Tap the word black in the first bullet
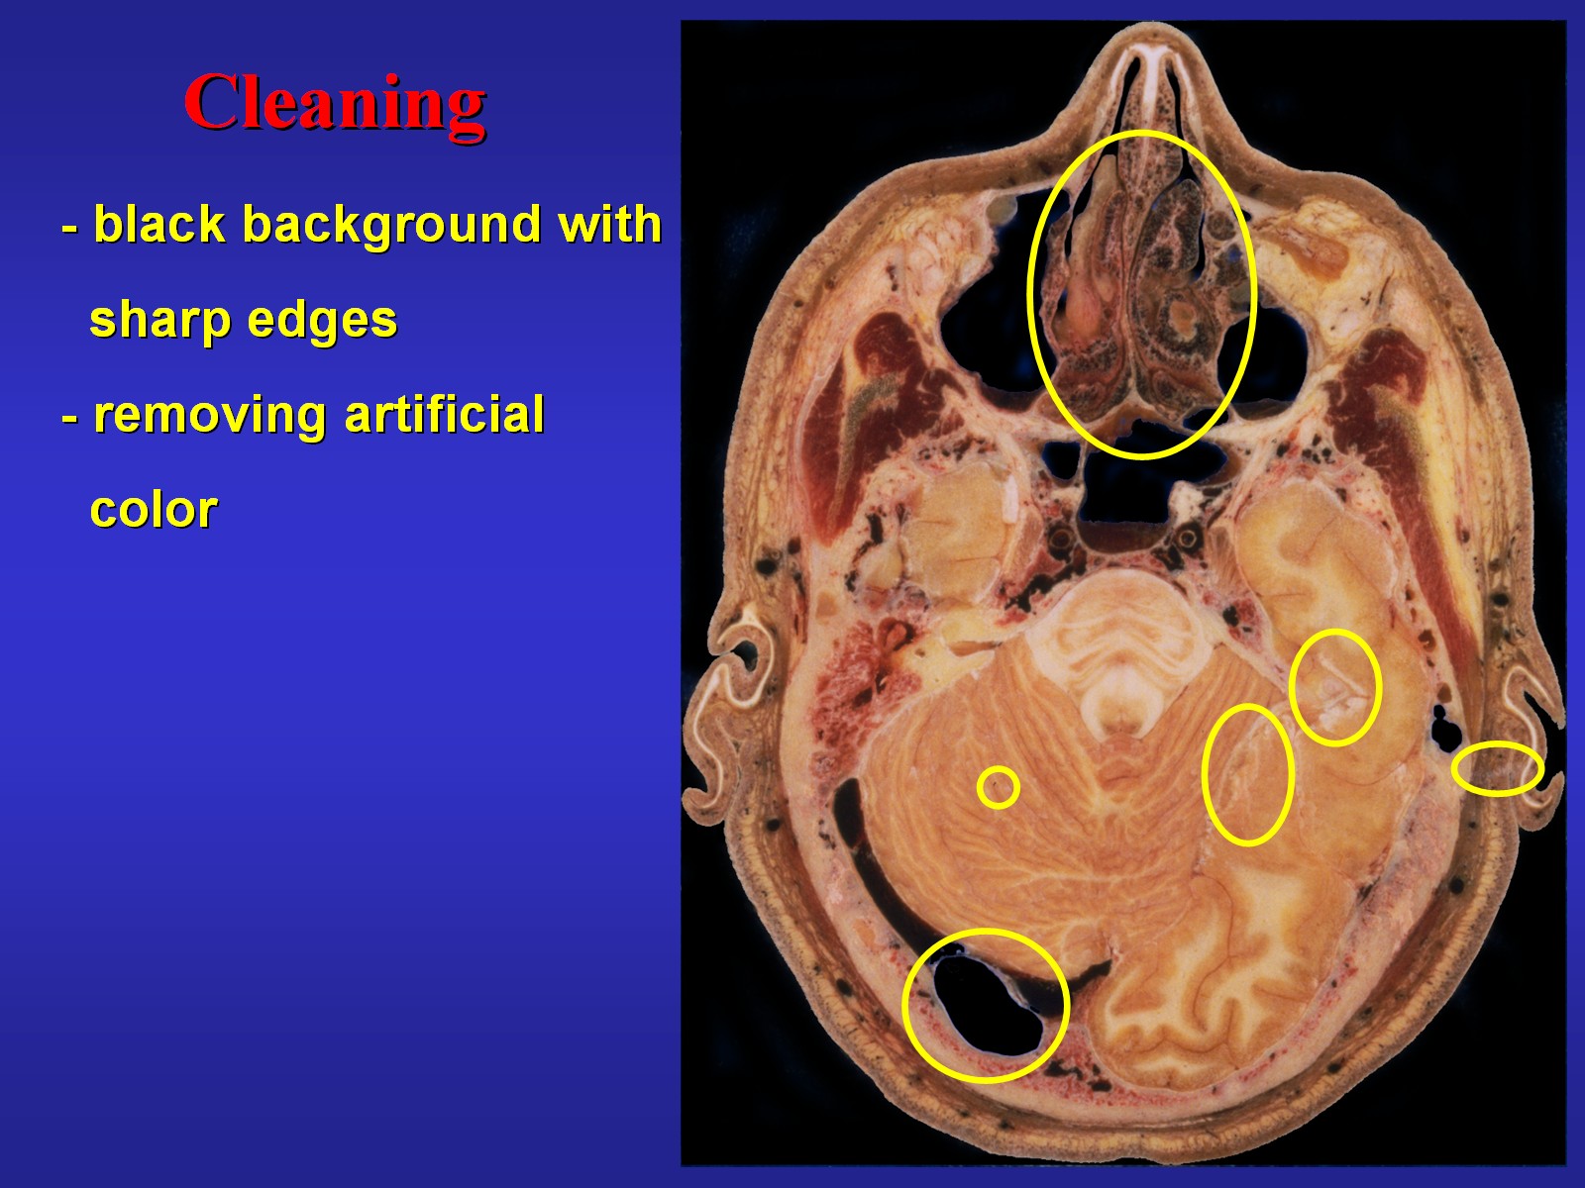tap(159, 224)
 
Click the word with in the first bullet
tap(610, 224)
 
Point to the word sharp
tap(159, 322)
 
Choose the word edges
tap(322, 322)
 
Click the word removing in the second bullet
tap(210, 416)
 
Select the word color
tap(154, 510)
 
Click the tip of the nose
tap(1152, 28)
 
